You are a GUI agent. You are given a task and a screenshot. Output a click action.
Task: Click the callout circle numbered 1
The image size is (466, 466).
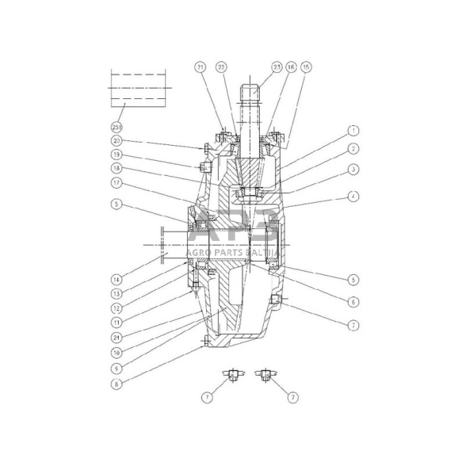[x=353, y=129]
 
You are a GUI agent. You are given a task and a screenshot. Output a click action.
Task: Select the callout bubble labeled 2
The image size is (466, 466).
[x=353, y=148]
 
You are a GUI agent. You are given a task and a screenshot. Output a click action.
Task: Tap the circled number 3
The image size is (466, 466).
[x=353, y=170]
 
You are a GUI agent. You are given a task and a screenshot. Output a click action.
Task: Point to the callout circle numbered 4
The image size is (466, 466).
[x=353, y=195]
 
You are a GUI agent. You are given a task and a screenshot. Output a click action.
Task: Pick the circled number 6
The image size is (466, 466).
[x=353, y=302]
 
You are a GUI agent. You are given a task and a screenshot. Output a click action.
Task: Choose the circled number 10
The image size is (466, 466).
[x=116, y=351]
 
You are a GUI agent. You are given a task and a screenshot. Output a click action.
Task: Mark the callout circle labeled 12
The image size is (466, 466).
[x=116, y=307]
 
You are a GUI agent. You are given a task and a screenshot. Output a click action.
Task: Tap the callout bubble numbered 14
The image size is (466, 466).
[x=116, y=279]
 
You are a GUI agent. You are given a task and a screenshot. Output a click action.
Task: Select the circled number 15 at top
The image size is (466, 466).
[x=307, y=68]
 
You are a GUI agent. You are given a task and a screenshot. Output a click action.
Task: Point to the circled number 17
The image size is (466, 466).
[x=116, y=181]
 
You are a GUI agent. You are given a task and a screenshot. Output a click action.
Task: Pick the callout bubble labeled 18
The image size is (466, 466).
[x=116, y=168]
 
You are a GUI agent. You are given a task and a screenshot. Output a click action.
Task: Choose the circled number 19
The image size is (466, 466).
[x=116, y=155]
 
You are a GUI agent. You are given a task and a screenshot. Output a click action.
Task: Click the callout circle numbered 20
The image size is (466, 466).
[x=116, y=141]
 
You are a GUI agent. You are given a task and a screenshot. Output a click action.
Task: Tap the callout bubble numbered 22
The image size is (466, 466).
[x=222, y=68]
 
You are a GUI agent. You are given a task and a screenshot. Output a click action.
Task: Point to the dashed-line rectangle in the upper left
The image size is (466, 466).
[x=139, y=87]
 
